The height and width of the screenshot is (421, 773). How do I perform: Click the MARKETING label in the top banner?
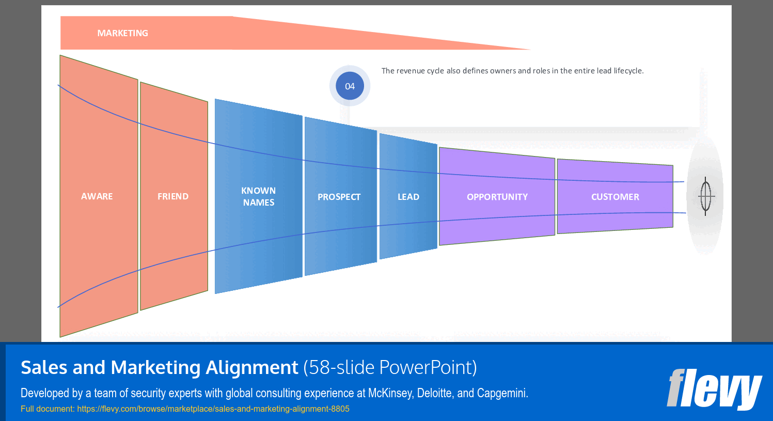[x=122, y=33]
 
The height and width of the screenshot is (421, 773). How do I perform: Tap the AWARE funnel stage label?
[x=97, y=196]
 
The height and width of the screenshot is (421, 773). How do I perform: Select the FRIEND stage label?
[x=173, y=196]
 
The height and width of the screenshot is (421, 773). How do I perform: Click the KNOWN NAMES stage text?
[x=259, y=197]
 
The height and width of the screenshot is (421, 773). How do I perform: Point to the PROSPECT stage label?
[x=339, y=197]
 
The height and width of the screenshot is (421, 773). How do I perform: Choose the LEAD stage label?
[x=408, y=197]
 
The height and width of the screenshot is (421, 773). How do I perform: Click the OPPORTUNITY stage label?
[x=497, y=197]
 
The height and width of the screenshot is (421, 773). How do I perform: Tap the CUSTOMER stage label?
[x=615, y=197]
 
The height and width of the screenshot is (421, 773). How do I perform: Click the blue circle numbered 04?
[x=350, y=86]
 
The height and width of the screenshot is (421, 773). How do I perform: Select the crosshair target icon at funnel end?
[x=706, y=196]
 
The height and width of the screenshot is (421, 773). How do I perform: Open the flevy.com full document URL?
[x=213, y=409]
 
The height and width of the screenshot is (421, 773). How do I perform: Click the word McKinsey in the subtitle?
[x=390, y=393]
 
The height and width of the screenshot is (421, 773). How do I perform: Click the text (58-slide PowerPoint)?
[x=390, y=367]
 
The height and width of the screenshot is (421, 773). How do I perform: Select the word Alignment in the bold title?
[x=252, y=367]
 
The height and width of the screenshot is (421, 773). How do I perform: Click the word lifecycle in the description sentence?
[x=628, y=71]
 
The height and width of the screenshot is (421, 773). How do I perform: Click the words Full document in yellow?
[x=48, y=409]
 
